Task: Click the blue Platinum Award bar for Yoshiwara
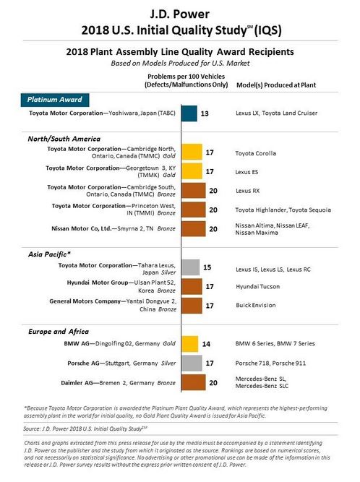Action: click(x=189, y=113)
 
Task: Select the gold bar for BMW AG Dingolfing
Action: click(x=189, y=344)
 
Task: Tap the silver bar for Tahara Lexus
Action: click(x=190, y=267)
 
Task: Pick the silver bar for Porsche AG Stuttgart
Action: click(x=192, y=363)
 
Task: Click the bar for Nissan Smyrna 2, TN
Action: click(x=193, y=229)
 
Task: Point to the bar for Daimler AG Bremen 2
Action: click(x=193, y=382)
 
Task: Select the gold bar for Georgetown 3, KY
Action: click(x=192, y=171)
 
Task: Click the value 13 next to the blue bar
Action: click(x=205, y=113)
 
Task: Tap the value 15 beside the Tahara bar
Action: click(x=207, y=267)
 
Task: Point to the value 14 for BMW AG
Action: click(x=206, y=344)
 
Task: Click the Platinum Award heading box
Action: click(x=55, y=100)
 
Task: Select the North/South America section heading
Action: click(x=64, y=139)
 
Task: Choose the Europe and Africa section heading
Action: click(x=59, y=332)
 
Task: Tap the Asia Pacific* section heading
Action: click(x=49, y=254)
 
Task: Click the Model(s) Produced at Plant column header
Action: click(x=276, y=85)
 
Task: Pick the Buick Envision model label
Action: click(x=256, y=305)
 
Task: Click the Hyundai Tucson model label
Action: click(x=257, y=286)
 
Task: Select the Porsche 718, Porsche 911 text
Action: click(x=270, y=363)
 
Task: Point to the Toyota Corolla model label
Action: click(x=256, y=153)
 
